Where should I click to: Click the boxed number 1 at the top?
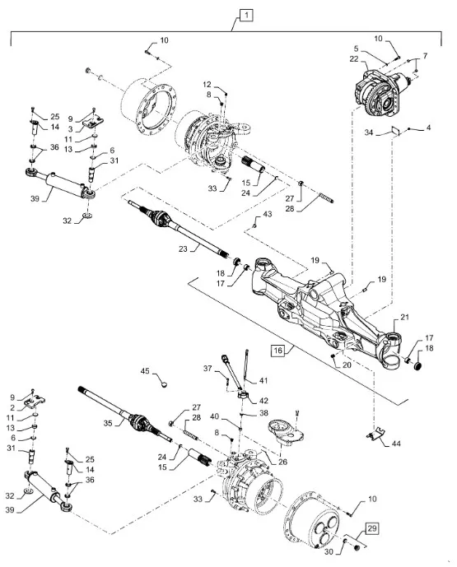pos(246,15)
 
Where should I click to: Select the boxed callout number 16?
pos(277,351)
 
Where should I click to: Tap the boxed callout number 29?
pos(372,528)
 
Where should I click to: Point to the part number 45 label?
pos(145,371)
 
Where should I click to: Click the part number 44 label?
pos(396,444)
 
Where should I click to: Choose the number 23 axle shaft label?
pos(183,249)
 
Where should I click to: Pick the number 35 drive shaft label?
pos(108,423)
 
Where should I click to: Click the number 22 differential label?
pos(354,59)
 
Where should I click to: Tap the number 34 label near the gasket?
pos(368,132)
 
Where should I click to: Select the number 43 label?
pos(267,214)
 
